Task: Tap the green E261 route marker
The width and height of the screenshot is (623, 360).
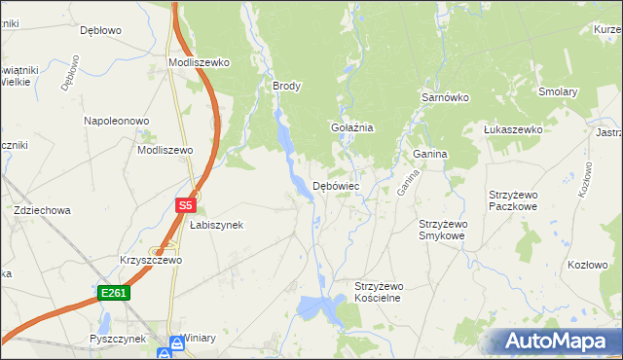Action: (112, 292)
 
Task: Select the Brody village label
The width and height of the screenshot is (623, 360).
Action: (287, 86)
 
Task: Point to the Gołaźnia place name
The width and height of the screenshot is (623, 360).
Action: (352, 127)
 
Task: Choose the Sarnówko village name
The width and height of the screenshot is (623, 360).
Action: (445, 98)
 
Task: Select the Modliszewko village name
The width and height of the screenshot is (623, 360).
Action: (199, 62)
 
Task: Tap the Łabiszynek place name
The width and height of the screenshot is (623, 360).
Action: (216, 225)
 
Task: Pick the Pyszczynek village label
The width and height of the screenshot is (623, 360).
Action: (117, 339)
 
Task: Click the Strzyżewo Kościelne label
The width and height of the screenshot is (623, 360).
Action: (378, 292)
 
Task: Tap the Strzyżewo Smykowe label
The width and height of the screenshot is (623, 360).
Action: (443, 230)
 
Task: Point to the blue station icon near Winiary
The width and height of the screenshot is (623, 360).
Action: (176, 342)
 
